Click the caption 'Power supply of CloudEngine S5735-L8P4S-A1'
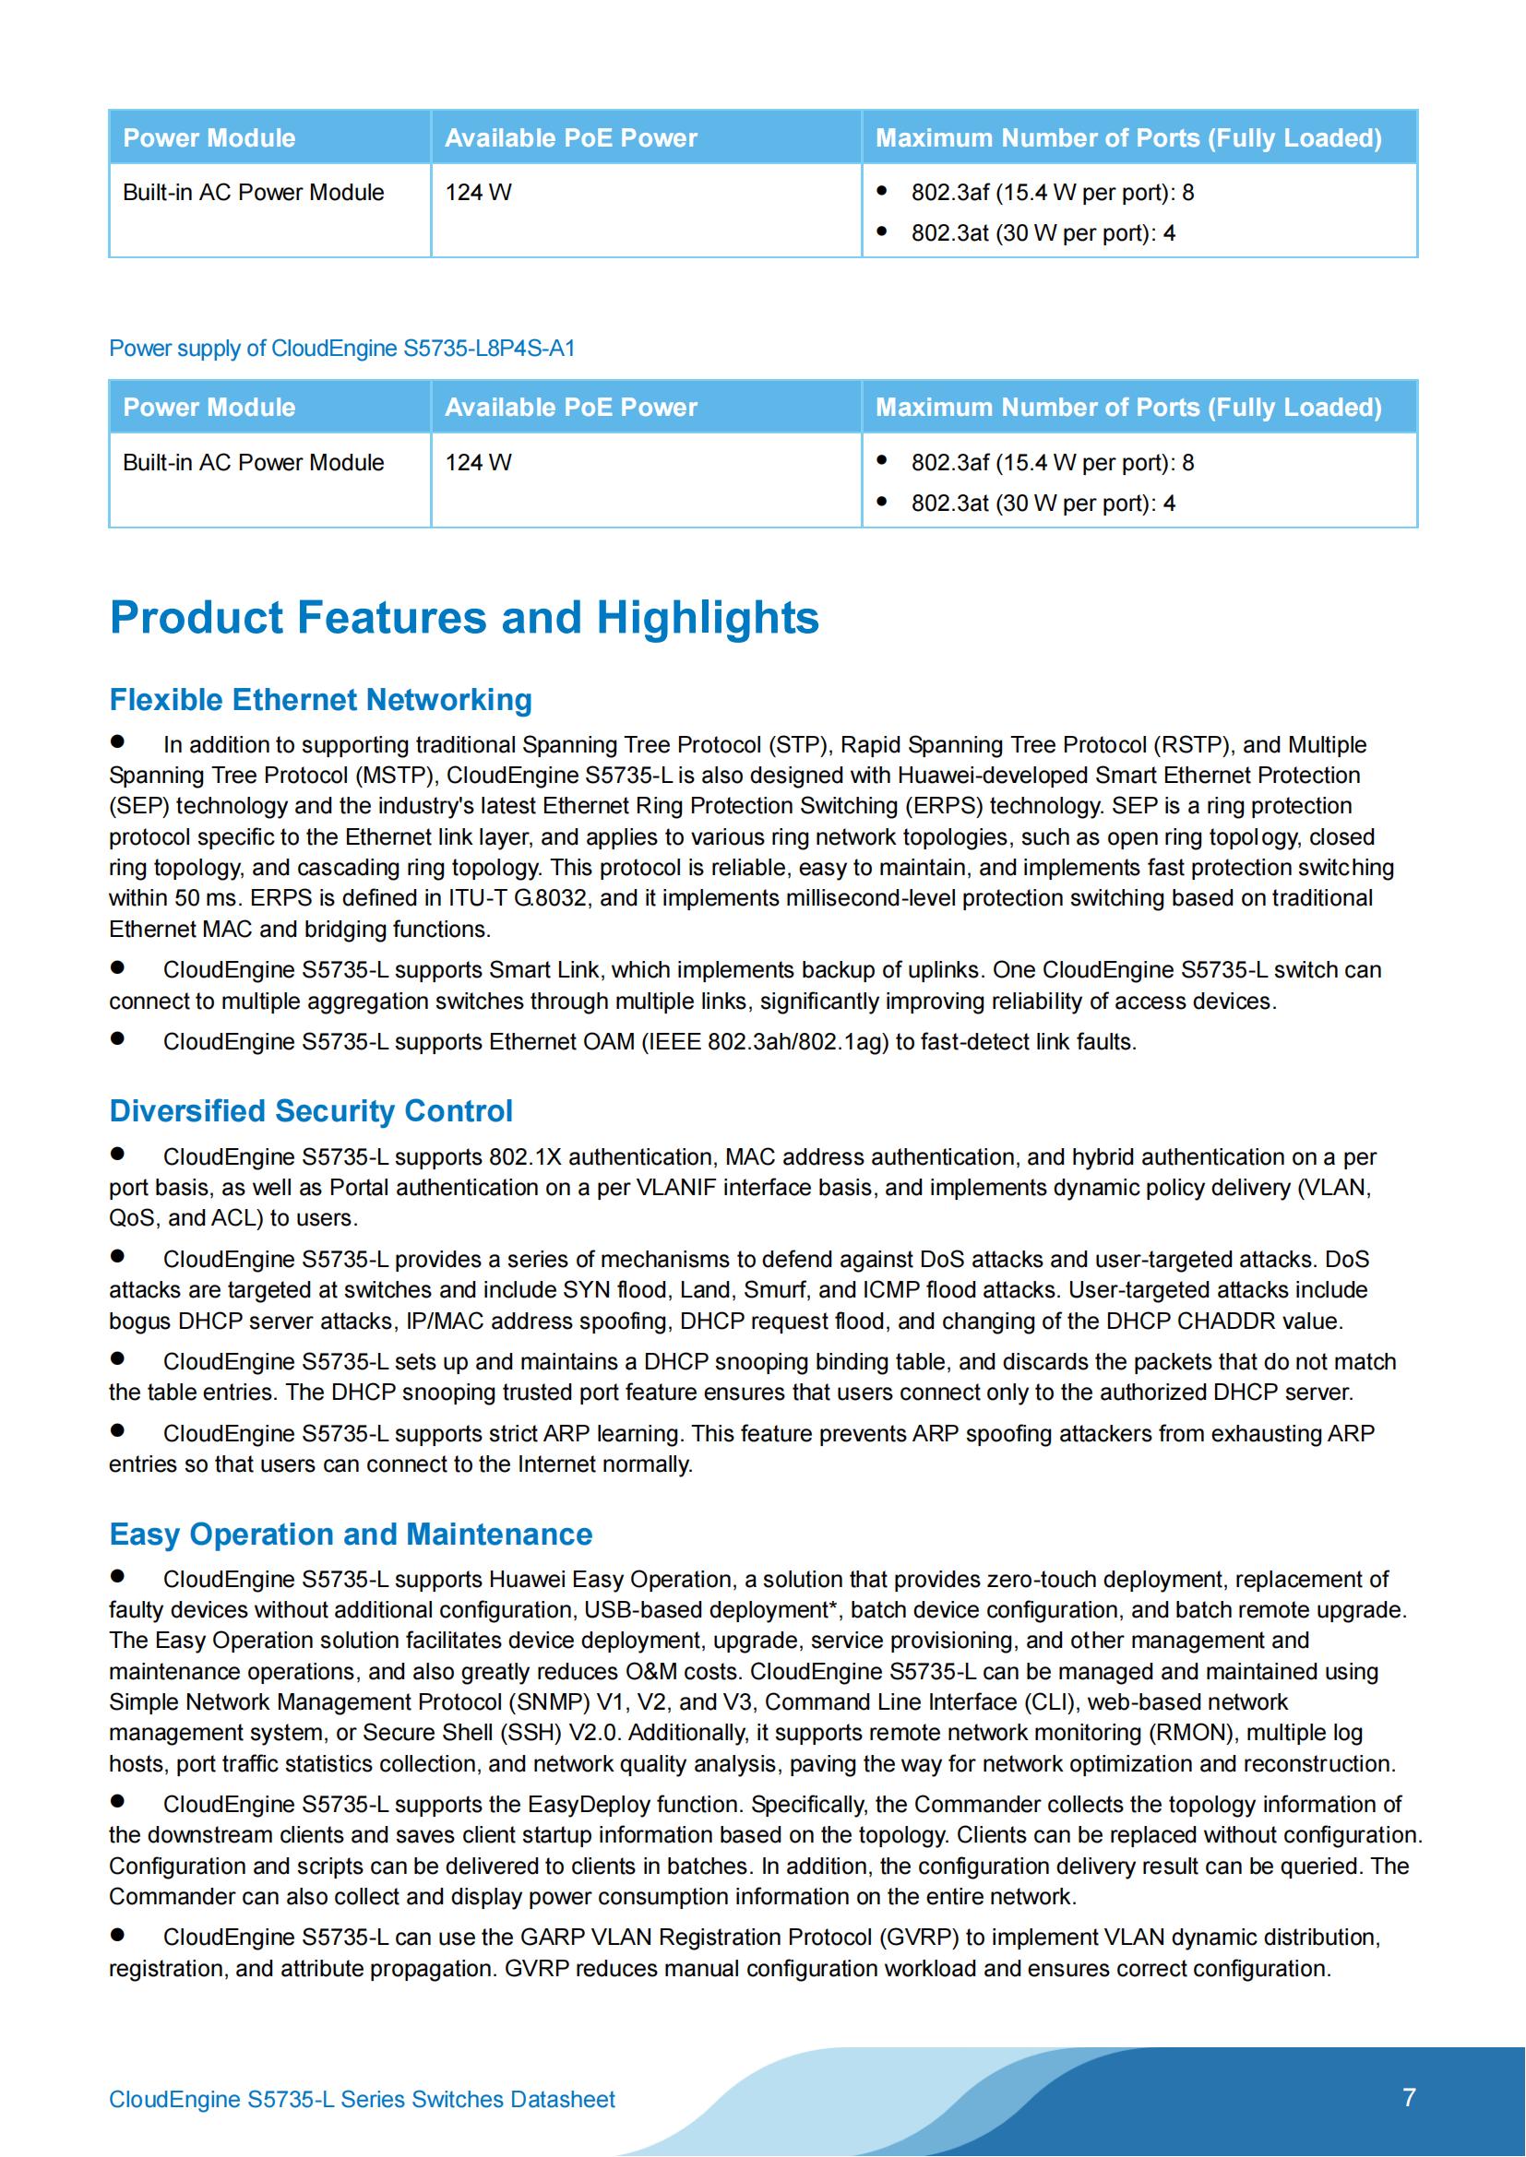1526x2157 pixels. click(x=342, y=349)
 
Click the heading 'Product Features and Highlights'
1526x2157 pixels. click(x=464, y=618)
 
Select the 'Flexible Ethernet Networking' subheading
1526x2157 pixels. click(x=320, y=700)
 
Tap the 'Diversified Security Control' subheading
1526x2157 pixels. click(x=311, y=1110)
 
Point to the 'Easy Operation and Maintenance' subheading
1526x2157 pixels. click(x=351, y=1535)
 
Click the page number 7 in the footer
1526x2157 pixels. click(x=1409, y=2098)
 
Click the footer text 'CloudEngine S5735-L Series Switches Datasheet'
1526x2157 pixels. click(x=362, y=2100)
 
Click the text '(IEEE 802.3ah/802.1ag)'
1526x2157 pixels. click(x=765, y=1042)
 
